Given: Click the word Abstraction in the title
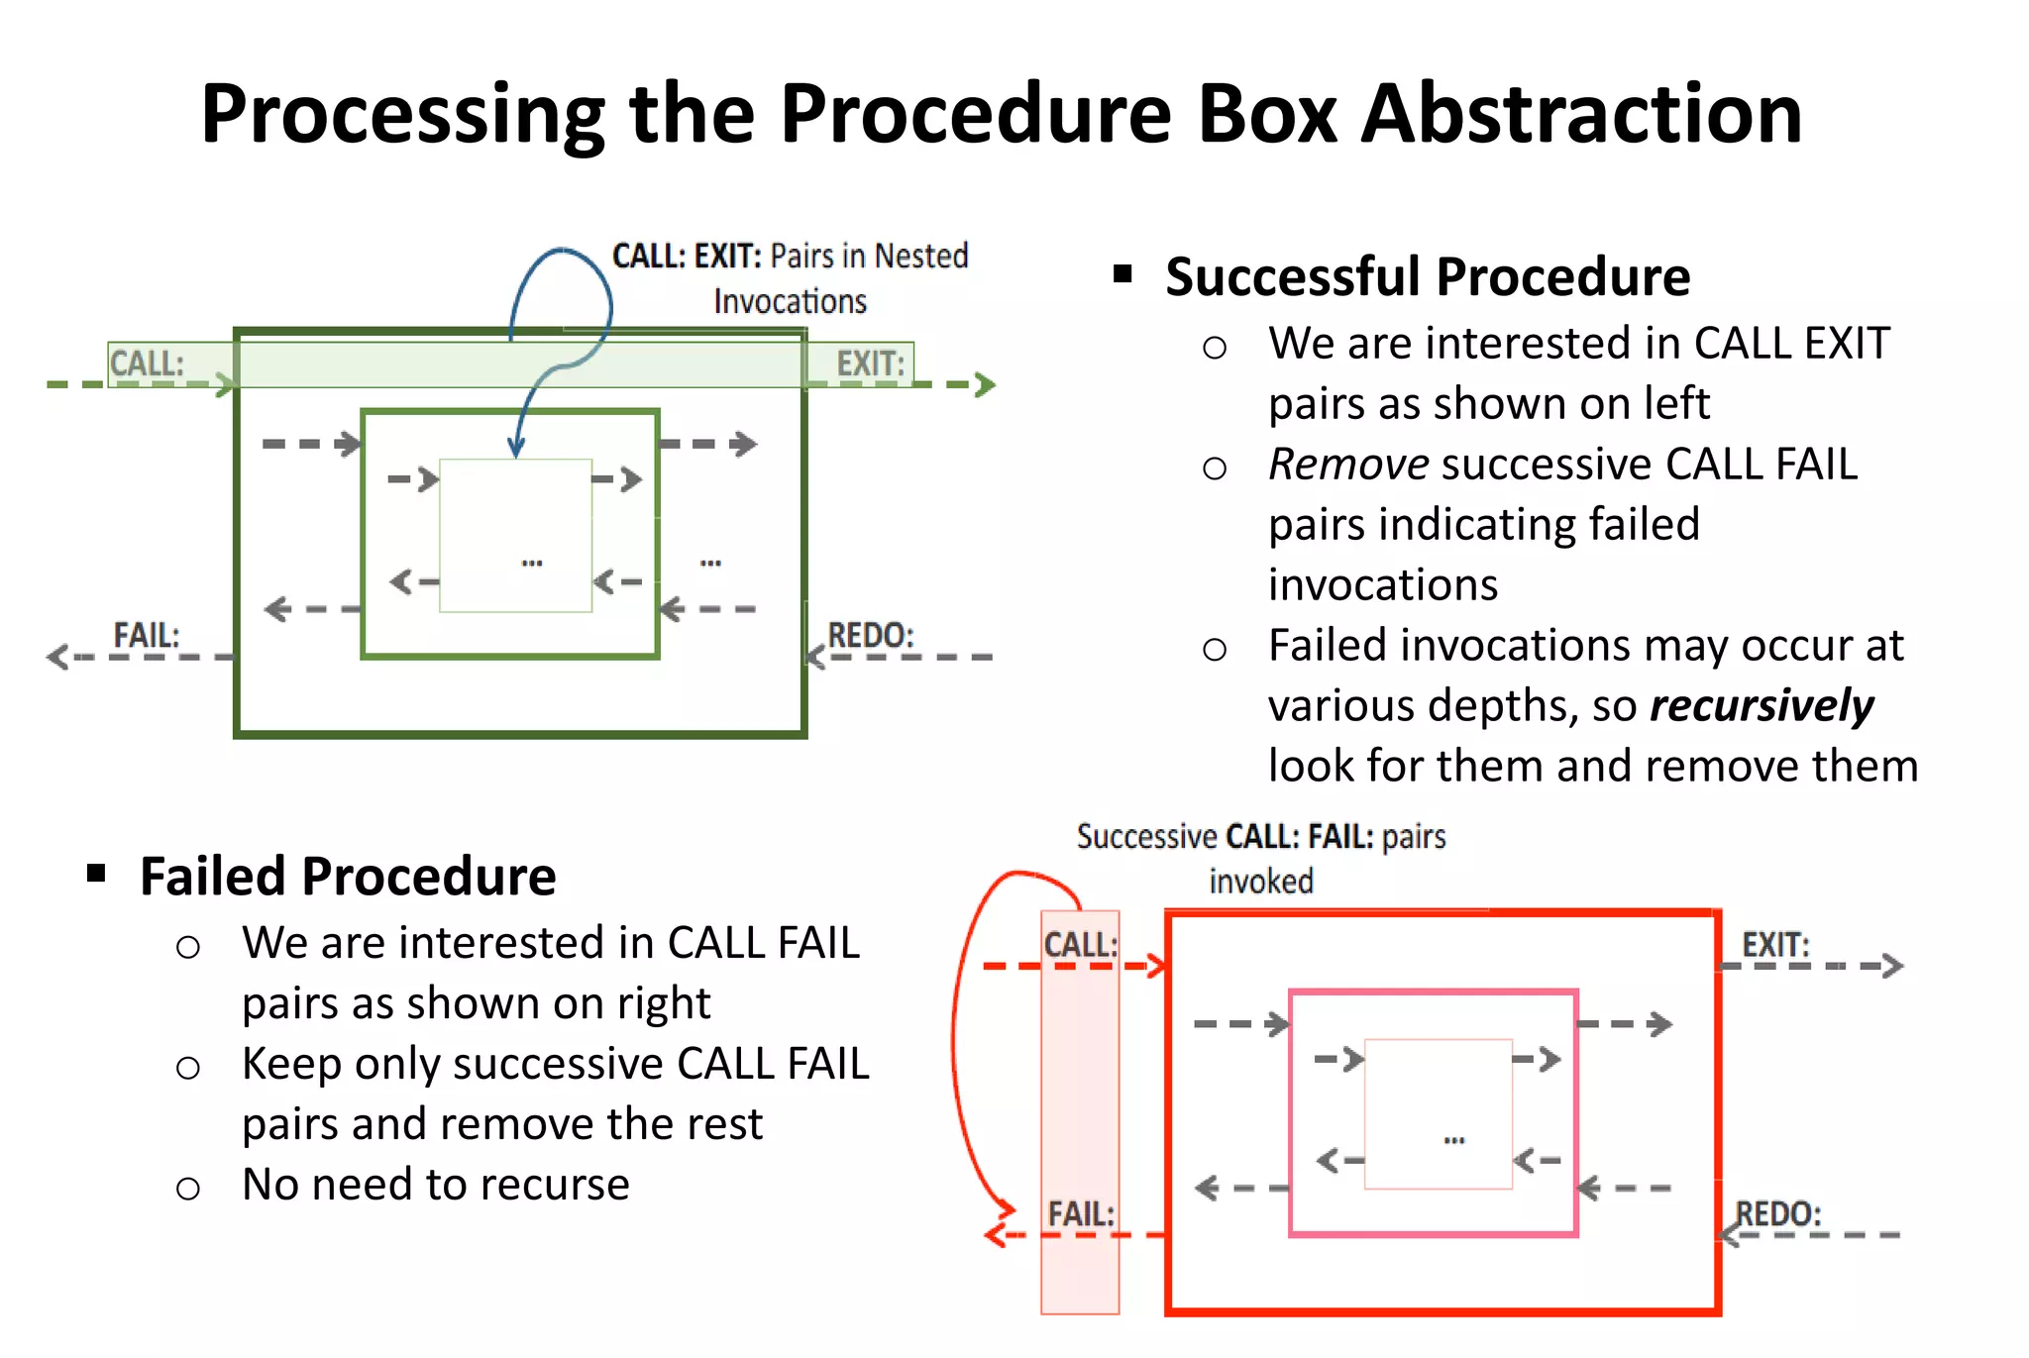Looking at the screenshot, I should coord(1581,114).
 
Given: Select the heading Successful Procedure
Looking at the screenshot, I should coord(1427,276).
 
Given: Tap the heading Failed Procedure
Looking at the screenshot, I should coord(348,877).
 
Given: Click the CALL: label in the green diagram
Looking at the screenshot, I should coord(147,364).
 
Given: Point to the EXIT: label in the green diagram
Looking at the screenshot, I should coord(870,364).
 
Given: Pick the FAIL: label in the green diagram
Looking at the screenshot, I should coord(146,635).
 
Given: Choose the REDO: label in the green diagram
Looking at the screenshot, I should coord(870,635).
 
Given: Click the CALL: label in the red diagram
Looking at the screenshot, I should coord(1080,944).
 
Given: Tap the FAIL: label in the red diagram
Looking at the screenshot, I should coord(1081,1213).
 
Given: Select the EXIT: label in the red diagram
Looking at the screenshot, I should coord(1775,944).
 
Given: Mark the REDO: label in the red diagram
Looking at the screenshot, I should coord(1778,1213).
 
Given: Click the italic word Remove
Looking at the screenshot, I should coord(1348,465).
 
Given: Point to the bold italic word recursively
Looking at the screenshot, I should coord(1762,706).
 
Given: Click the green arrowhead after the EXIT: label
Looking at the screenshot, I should coord(985,384).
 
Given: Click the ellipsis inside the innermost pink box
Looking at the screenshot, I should coord(1453,1140).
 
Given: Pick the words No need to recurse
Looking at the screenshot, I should coord(436,1185).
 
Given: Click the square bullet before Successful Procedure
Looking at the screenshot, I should coord(1122,274).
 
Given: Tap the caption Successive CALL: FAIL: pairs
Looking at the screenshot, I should coord(1261,837).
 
